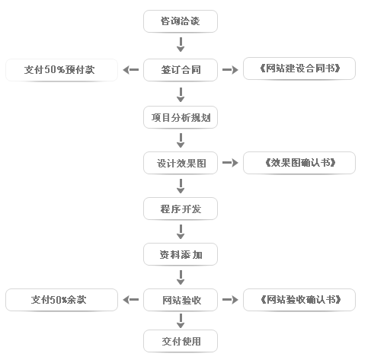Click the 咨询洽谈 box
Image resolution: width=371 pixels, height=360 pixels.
pos(181,21)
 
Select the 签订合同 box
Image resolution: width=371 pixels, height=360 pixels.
pos(181,70)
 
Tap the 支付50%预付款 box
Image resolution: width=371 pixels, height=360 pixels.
pos(62,70)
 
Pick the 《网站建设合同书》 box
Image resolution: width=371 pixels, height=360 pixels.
pos(299,68)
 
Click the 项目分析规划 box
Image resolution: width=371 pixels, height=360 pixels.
pos(181,117)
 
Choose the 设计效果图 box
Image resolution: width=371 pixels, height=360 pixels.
pos(181,163)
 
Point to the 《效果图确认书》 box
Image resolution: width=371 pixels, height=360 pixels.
pos(299,163)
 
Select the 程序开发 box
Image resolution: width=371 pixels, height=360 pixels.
pos(181,209)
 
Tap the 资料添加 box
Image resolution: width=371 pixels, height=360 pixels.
pos(181,254)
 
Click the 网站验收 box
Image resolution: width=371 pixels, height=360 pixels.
pos(181,300)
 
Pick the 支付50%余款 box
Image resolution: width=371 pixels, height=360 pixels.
pos(62,300)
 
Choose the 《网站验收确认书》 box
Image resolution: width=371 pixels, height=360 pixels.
pos(299,300)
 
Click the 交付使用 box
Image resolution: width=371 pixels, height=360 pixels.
pos(181,341)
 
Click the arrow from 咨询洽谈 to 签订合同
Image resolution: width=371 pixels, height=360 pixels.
pos(181,45)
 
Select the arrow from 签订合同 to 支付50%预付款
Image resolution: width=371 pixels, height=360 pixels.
pos(131,70)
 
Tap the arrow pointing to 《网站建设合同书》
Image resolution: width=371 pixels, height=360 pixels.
pos(230,70)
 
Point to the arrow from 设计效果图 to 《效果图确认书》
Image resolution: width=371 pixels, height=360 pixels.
pos(230,163)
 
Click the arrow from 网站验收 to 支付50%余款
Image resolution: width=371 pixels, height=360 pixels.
pos(131,300)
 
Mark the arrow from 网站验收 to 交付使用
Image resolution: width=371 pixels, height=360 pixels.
pos(181,320)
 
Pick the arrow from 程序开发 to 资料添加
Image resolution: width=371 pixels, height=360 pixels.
pos(181,231)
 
